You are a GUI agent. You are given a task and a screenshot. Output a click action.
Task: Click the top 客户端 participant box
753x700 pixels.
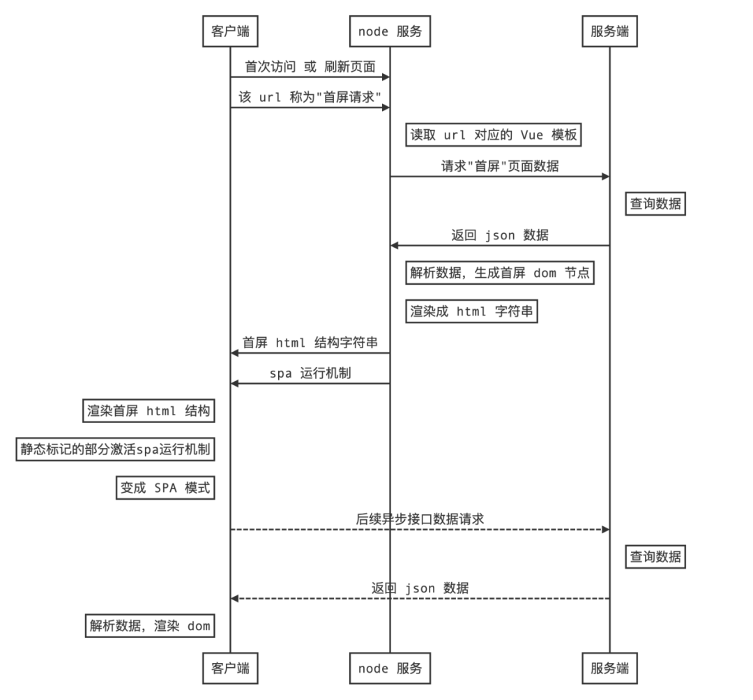[x=230, y=31]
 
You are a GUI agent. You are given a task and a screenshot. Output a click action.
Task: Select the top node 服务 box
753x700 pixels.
[x=390, y=31]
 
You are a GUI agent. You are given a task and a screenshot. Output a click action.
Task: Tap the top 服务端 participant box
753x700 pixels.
[x=609, y=31]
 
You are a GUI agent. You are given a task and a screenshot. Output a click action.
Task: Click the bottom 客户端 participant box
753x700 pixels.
[x=230, y=668]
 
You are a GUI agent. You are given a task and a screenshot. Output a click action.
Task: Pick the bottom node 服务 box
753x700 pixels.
[x=390, y=668]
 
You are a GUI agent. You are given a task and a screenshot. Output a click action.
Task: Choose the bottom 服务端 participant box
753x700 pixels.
[x=609, y=668]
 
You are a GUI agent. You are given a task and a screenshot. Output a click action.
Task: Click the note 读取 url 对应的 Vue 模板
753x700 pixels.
[x=494, y=135]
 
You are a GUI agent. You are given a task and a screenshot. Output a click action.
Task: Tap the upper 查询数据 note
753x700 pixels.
[x=655, y=204]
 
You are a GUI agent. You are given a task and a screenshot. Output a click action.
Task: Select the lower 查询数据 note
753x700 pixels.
[x=655, y=556]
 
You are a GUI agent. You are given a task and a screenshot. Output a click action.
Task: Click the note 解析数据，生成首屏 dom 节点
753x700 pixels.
[x=500, y=273]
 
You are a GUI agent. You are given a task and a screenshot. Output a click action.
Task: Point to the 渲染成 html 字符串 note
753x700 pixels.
[x=471, y=311]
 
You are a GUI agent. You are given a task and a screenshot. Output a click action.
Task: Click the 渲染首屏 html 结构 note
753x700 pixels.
[x=149, y=411]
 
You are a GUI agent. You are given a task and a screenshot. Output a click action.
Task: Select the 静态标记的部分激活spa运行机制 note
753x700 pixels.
[x=115, y=449]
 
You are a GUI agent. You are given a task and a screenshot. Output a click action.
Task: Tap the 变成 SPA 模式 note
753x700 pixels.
[x=165, y=488]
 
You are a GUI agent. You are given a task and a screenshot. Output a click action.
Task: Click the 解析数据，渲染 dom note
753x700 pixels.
[x=149, y=625]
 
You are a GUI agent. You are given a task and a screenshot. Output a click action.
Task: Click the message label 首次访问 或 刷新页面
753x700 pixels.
[x=310, y=67]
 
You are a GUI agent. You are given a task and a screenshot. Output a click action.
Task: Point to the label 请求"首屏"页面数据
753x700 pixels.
[x=500, y=166]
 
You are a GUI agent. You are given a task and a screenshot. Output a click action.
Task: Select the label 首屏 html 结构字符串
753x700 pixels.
[x=310, y=343]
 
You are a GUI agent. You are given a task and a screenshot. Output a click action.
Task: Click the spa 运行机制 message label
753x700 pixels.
[x=310, y=373]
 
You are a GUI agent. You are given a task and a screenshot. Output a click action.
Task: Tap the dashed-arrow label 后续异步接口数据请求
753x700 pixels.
[x=420, y=519]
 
